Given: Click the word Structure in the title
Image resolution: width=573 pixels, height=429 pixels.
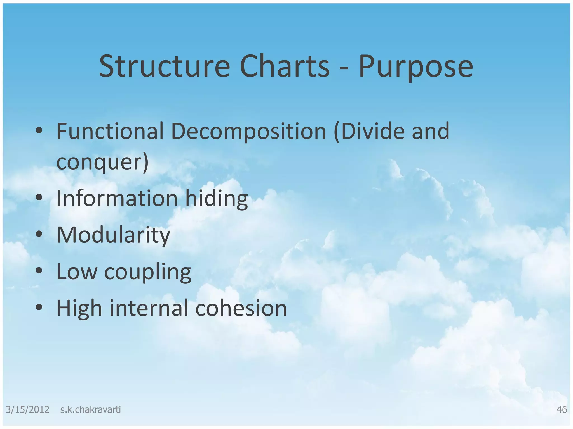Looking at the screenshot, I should coord(165,66).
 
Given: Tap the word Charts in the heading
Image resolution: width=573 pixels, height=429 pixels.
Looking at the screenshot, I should coord(285,66).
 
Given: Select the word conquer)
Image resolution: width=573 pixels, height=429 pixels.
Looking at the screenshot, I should coord(102,162).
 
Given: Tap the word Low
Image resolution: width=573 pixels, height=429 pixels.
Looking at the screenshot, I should coord(77,271).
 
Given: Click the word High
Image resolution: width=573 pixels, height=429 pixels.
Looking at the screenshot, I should coord(79,308).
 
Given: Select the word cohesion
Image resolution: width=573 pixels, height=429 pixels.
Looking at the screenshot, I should coord(241,308).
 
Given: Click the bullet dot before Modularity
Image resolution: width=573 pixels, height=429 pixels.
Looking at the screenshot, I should coord(39,234).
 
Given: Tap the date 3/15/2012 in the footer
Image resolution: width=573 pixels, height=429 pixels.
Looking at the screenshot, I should coord(27,410).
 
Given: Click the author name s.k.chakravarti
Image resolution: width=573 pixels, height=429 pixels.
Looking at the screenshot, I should coord(90,410).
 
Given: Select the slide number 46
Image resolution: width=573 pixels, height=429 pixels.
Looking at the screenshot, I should coord(562,410).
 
